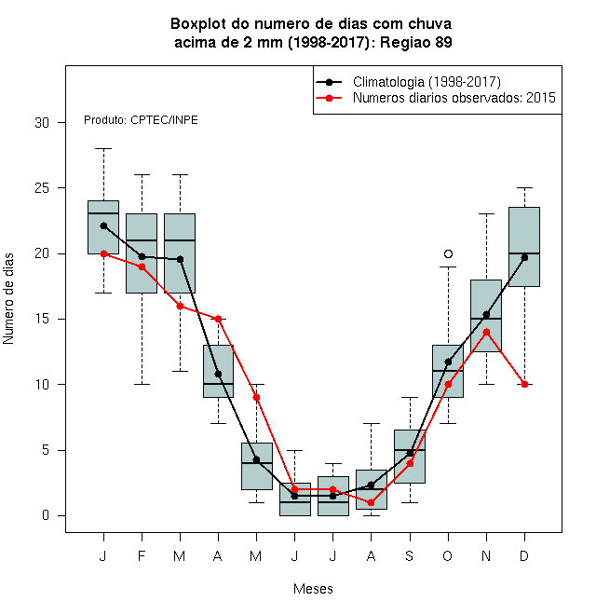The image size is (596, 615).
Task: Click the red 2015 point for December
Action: pos(524,384)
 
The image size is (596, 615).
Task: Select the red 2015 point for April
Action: pos(219,319)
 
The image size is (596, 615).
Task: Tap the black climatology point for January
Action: pos(103,225)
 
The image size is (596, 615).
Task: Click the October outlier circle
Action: pos(448,253)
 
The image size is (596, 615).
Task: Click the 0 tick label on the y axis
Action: pos(46,515)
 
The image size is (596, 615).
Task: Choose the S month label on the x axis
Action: pos(410,555)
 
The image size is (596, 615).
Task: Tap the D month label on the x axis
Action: pos(524,555)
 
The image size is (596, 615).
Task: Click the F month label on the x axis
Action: pos(142,555)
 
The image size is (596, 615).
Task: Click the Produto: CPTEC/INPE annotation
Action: pos(141,120)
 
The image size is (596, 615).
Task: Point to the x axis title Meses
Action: pos(313,589)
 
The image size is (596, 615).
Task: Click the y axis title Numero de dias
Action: pos(8,299)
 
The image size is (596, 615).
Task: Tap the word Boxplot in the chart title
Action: pos(198,24)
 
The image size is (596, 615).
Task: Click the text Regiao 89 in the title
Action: pos(416,42)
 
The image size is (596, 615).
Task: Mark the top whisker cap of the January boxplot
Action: pos(103,149)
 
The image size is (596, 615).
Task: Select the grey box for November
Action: pos(486,316)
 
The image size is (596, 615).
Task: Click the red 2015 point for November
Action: pos(486,333)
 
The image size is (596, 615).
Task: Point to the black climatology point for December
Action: pos(524,258)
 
